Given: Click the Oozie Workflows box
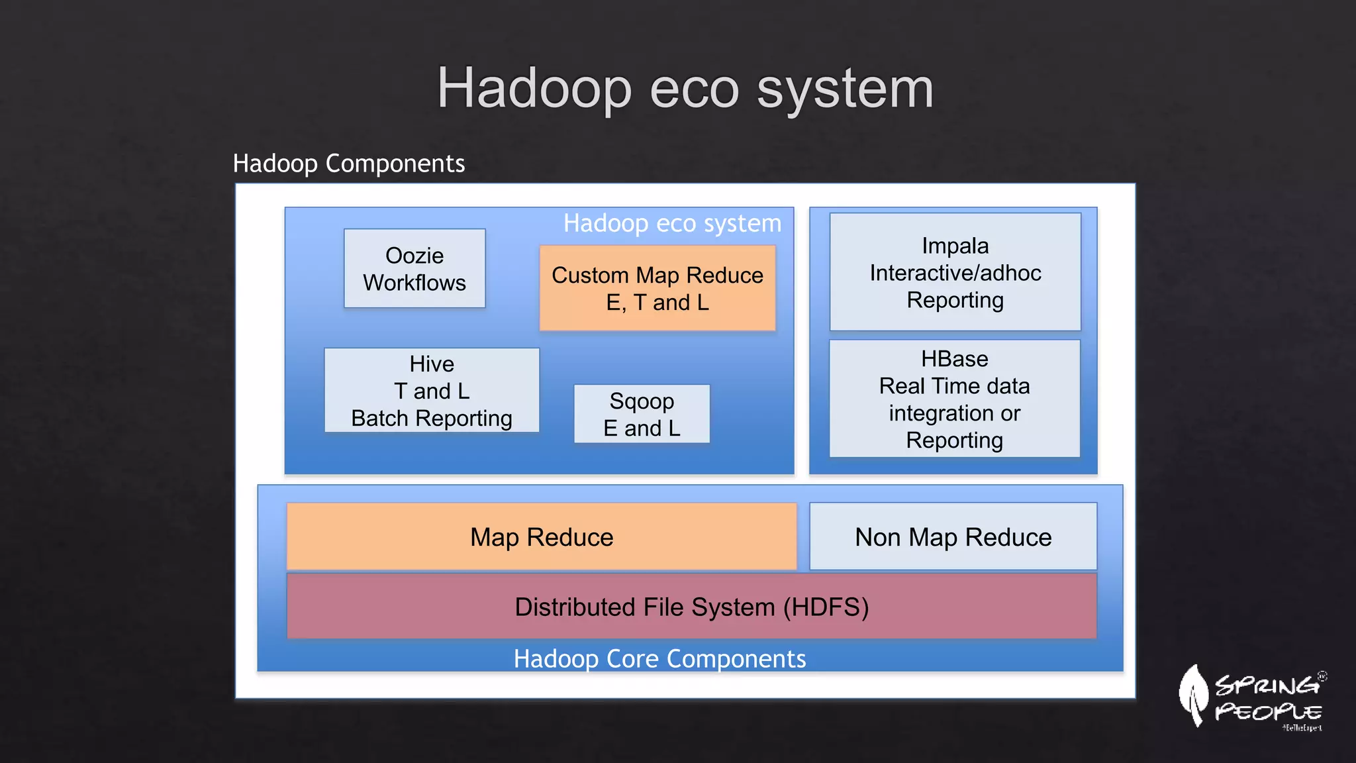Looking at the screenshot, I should [414, 268].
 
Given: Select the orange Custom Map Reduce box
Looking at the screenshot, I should [657, 288].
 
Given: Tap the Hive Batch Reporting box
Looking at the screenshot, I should [432, 391].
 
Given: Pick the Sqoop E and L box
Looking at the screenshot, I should [642, 414].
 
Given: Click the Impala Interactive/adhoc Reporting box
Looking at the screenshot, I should [955, 272].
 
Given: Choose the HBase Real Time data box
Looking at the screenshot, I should [954, 399].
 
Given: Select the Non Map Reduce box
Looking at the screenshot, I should [953, 536].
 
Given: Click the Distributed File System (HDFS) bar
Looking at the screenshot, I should [691, 607].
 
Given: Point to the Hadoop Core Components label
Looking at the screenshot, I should [659, 659].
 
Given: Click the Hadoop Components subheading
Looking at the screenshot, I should [349, 164].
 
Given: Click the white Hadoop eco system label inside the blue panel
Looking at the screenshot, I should [672, 223].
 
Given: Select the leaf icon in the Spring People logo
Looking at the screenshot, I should [1193, 695].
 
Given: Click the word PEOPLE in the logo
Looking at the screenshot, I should [1268, 712].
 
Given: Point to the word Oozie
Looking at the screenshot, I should [414, 256].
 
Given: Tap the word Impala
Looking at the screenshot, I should [955, 246].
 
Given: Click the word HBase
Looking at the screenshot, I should [954, 359].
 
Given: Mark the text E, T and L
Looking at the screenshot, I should [657, 303].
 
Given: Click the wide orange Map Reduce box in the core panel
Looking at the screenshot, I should [541, 536].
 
